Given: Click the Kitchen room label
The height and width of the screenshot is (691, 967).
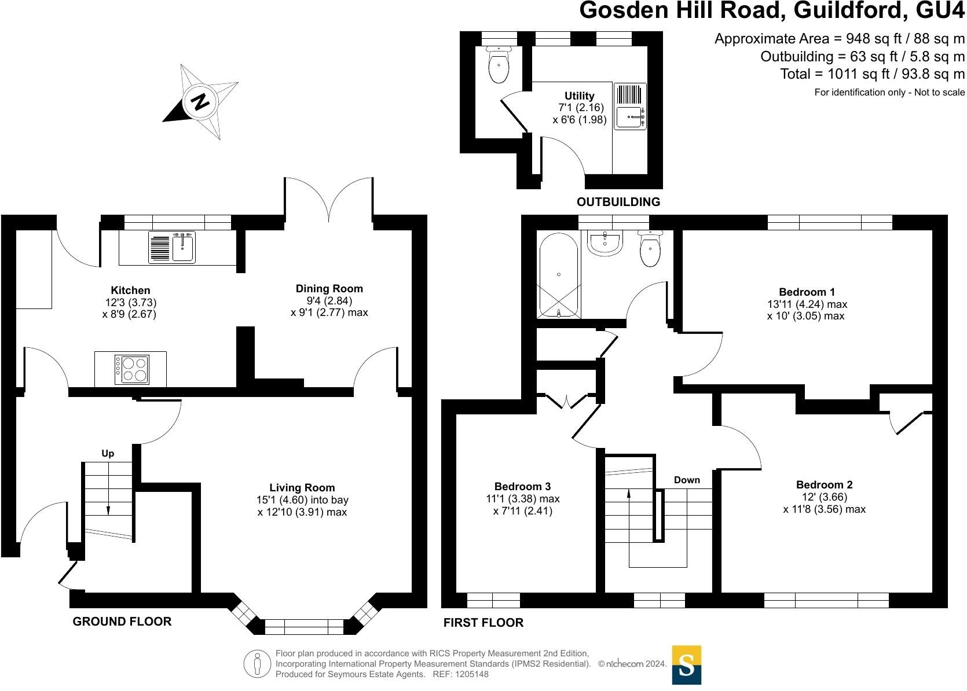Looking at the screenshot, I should tap(130, 291).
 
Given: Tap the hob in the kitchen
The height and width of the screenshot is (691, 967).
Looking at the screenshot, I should tap(133, 369).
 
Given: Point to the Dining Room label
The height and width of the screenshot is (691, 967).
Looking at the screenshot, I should tap(329, 289).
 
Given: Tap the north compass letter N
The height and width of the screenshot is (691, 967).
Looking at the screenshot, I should tap(200, 102).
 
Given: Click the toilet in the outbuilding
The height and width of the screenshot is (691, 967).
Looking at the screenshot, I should tap(499, 65).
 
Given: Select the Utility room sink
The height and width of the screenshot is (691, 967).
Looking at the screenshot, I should tap(630, 117).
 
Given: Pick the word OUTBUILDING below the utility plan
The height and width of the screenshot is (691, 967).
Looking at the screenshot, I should tap(618, 202).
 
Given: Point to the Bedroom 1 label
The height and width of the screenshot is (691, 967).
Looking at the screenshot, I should tap(807, 292).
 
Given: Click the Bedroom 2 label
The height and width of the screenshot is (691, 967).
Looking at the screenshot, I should tap(824, 485).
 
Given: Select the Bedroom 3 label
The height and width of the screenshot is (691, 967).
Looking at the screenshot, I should tap(522, 487).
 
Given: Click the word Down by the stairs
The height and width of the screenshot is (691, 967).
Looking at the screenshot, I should tap(687, 480).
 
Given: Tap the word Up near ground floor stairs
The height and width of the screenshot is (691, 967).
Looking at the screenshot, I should tap(108, 454).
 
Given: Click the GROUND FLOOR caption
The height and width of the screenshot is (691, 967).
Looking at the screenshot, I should tap(122, 622).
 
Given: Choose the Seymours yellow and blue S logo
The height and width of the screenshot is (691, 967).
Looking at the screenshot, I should tap(686, 665).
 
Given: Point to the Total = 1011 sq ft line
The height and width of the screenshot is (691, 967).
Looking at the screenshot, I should tap(872, 74).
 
